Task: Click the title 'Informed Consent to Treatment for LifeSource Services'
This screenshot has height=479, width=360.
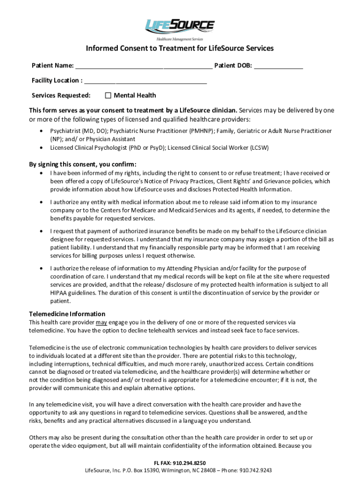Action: pyautogui.click(x=180, y=49)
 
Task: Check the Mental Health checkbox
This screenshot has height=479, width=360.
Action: pyautogui.click(x=108, y=95)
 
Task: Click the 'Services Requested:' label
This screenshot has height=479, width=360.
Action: pyautogui.click(x=61, y=95)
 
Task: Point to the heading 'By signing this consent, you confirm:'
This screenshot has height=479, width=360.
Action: pyautogui.click(x=83, y=164)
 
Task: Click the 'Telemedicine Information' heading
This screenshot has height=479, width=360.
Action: pyautogui.click(x=67, y=314)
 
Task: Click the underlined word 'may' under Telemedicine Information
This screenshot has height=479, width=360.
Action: pyautogui.click(x=101, y=322)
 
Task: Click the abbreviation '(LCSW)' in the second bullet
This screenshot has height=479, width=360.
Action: pyautogui.click(x=259, y=148)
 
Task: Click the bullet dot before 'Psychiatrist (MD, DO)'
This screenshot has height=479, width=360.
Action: pyautogui.click(x=43, y=131)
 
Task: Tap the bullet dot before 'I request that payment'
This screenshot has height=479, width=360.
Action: pyautogui.click(x=43, y=231)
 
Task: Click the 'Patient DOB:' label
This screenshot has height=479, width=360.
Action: pyautogui.click(x=233, y=65)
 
